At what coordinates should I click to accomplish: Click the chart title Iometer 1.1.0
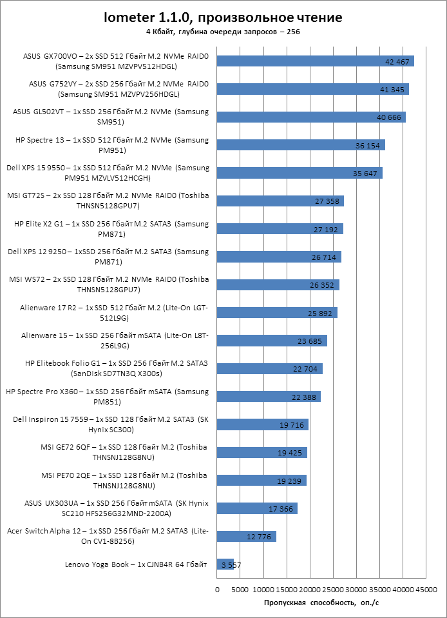pos(223,17)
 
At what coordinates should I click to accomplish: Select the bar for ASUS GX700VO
pos(315,61)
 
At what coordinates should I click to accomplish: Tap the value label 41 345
pos(392,90)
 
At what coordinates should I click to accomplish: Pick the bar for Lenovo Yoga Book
pos(225,564)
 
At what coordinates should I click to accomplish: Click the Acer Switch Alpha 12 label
pos(108,536)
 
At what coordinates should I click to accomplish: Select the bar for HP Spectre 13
pos(301,145)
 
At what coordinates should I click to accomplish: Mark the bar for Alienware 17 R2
pos(277,313)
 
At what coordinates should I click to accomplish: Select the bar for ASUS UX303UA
pos(257,508)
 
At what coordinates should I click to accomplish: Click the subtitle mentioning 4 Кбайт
pos(223,31)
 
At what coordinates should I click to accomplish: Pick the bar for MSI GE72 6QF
pos(262,453)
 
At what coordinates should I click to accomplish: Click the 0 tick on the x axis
pos(217,590)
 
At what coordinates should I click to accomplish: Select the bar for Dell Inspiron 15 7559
pos(263,424)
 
